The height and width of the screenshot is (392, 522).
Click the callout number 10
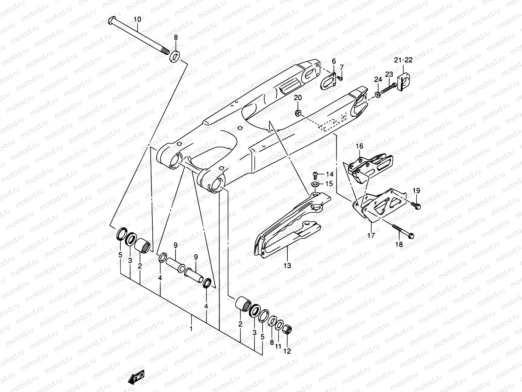pos(137,20)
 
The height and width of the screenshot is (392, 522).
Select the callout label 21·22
pos(403,60)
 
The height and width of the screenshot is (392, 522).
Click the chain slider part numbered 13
pos(287,229)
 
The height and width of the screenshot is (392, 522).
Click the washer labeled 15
pos(315,185)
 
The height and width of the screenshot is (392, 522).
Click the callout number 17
pos(371,235)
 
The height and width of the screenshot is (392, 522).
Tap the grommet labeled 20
pos(298,113)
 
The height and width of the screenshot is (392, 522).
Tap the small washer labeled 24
pos(377,94)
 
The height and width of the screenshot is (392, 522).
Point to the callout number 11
pos(278,346)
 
